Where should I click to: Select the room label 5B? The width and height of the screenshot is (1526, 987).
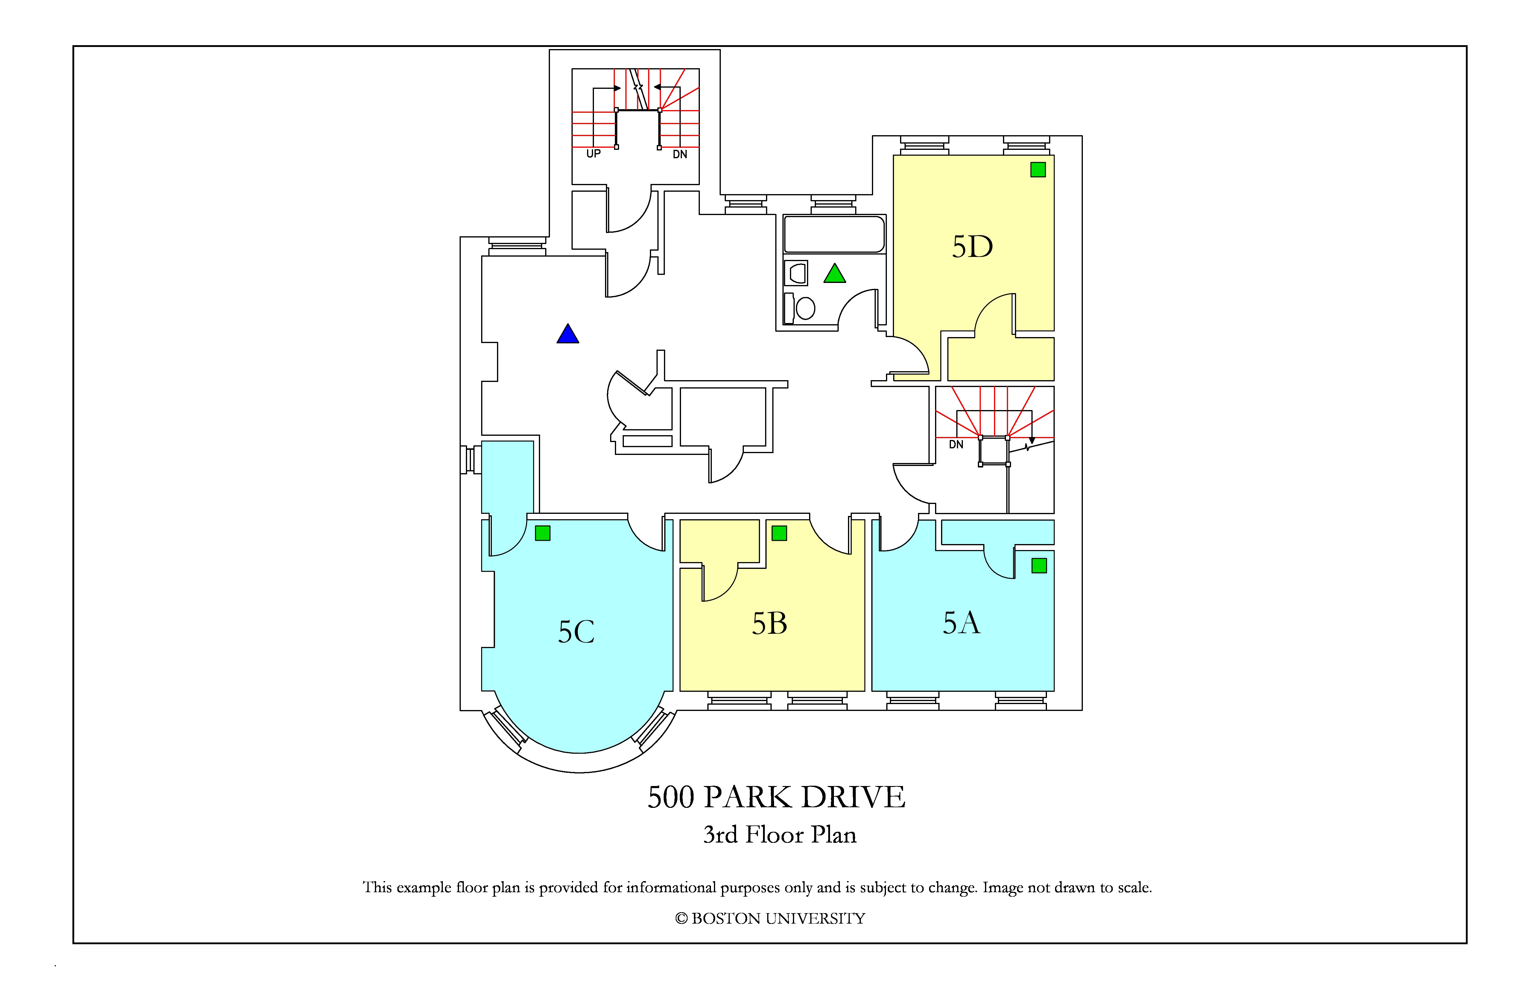click(769, 624)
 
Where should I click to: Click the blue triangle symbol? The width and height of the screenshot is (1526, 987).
click(568, 334)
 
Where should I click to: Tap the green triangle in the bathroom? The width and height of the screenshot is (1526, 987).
click(835, 274)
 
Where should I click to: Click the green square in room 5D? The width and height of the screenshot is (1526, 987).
click(1038, 170)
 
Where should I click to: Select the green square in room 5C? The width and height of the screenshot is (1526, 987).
click(542, 533)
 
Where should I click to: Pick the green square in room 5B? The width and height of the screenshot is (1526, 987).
click(779, 533)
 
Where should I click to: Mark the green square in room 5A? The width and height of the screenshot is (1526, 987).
click(1039, 565)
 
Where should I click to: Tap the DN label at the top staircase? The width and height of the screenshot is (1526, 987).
click(680, 154)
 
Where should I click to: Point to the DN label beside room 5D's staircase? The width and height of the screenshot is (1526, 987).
click(956, 445)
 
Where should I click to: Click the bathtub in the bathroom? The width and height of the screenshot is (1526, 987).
click(834, 234)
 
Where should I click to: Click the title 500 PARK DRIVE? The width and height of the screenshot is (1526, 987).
click(776, 797)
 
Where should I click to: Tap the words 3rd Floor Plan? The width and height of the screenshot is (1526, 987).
click(780, 834)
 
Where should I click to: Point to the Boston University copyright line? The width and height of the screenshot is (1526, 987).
click(770, 919)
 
